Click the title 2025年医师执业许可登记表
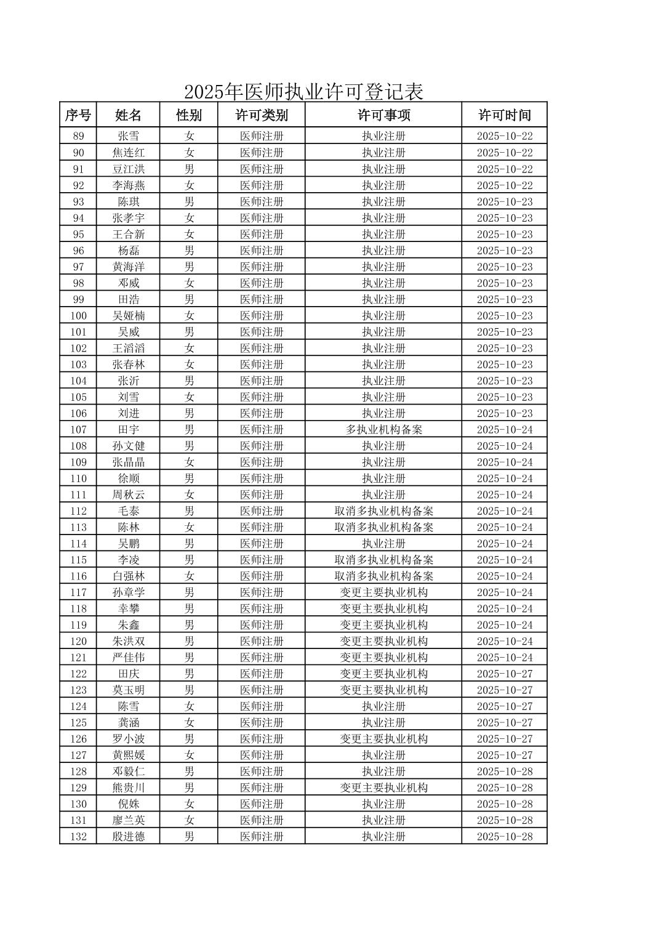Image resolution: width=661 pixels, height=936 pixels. point(303,92)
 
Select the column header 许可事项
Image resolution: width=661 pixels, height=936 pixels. point(383,115)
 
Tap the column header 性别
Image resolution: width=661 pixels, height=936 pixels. point(189,115)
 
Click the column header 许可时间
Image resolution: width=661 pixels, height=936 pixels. point(505,115)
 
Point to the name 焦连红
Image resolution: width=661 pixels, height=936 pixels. point(129,153)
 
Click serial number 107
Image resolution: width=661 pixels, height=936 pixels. point(79,430)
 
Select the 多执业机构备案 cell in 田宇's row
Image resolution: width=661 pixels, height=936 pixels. point(383,430)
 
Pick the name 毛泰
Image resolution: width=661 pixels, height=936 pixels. point(129,511)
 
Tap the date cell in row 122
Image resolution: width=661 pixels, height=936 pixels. point(505,674)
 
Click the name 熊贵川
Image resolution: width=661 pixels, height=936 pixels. point(129,788)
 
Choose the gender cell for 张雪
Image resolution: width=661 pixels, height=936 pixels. point(189,136)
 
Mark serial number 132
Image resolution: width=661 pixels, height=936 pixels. point(79,836)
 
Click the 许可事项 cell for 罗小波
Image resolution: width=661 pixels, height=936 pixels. point(383,739)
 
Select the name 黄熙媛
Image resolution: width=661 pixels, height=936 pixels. point(129,755)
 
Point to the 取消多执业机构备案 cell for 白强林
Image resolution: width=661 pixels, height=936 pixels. point(383,576)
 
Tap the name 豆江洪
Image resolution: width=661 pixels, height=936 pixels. point(129,169)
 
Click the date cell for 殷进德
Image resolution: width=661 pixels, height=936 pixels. point(505,836)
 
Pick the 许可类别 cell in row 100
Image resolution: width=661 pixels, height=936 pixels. point(262,316)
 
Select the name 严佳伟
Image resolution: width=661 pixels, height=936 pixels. point(129,658)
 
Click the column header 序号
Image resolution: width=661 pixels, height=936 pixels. point(79,115)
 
